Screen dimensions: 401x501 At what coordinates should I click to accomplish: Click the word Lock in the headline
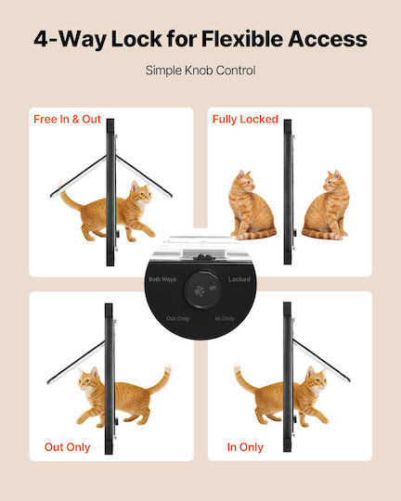tap(136, 39)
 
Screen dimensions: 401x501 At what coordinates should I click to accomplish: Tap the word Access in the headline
tap(328, 39)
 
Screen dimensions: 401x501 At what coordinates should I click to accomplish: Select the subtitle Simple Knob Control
tap(200, 71)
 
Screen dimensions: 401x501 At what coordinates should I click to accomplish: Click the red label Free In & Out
tap(67, 119)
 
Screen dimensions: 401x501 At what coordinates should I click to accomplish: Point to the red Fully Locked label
tap(245, 119)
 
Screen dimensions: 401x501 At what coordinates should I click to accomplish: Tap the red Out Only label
tap(67, 447)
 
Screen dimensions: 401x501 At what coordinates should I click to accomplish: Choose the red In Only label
tap(245, 447)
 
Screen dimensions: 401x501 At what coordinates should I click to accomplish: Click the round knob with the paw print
tap(202, 289)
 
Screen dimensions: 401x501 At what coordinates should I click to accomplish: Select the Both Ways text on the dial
tap(162, 279)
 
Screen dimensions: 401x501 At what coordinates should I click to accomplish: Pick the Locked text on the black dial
tap(239, 279)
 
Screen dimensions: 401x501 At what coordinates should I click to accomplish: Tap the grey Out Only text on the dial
tap(178, 318)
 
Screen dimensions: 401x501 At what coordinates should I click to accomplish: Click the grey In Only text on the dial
tap(225, 318)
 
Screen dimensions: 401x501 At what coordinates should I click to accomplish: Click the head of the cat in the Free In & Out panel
tap(141, 192)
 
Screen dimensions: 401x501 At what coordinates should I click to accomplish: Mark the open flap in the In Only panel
tap(321, 360)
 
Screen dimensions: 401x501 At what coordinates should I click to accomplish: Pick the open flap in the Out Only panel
tap(76, 363)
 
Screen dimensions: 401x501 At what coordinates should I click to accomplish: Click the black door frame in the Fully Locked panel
tap(288, 192)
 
